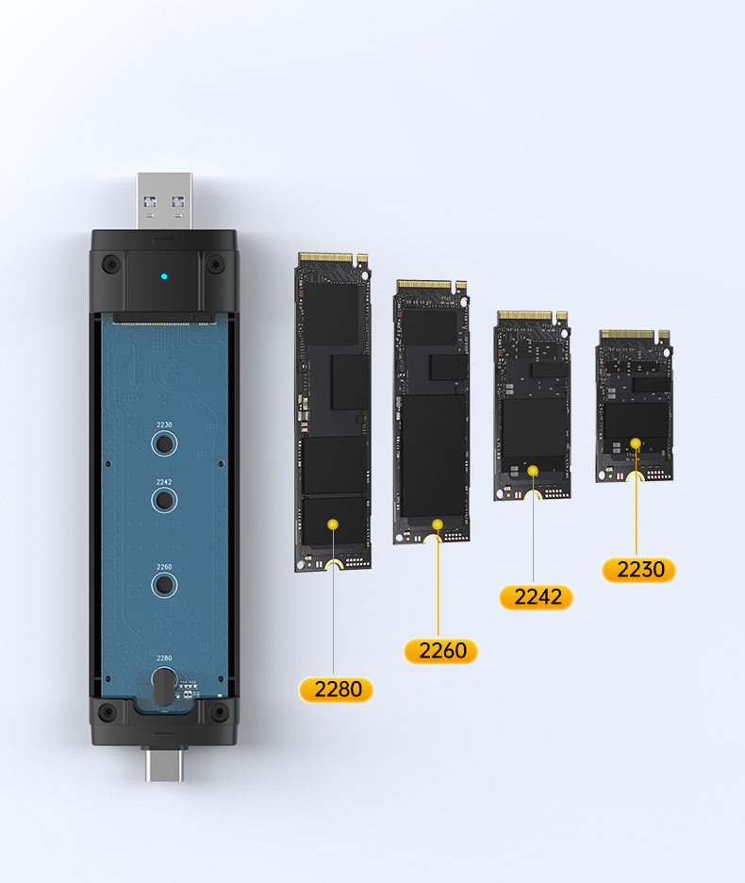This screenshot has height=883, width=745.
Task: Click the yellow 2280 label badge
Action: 336,690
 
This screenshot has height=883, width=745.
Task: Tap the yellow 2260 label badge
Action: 441,651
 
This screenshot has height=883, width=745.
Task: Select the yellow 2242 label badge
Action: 536,597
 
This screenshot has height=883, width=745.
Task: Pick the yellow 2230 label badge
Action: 638,570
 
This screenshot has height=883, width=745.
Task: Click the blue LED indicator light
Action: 164,276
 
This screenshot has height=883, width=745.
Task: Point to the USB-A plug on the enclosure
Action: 164,201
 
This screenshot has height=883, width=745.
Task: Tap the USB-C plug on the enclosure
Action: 164,765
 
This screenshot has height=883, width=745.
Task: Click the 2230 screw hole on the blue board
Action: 164,443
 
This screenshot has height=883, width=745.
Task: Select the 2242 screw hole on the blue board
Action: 164,499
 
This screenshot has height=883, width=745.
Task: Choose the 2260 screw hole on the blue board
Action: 164,585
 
